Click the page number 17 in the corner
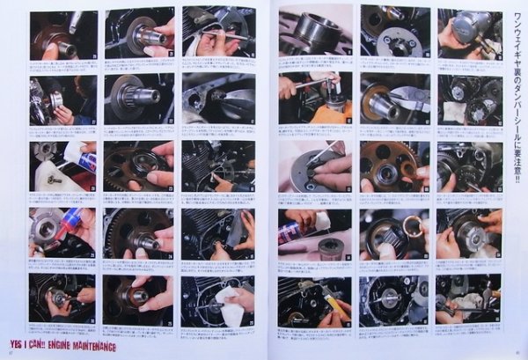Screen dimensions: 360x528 (x=10, y=354)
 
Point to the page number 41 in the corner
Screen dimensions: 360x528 (x=520, y=354)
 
